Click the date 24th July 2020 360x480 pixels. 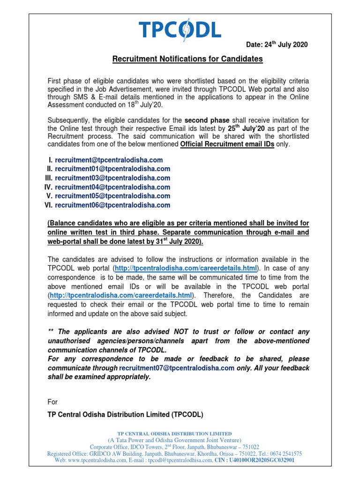click(x=277, y=45)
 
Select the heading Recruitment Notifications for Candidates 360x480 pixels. click(x=187, y=59)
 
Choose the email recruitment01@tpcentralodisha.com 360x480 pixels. click(x=112, y=169)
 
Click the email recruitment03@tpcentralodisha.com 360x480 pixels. click(x=112, y=178)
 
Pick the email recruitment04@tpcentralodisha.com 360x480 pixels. click(x=112, y=187)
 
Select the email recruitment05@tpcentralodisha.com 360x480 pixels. click(x=112, y=196)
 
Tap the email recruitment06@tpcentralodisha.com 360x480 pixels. click(x=112, y=205)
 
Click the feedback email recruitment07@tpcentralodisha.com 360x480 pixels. click(x=177, y=368)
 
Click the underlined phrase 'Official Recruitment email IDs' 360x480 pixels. click(x=227, y=144)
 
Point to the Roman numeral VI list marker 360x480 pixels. click(x=48, y=205)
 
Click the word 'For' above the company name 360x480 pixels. click(x=53, y=402)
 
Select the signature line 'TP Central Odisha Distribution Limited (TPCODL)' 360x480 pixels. click(x=126, y=415)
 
